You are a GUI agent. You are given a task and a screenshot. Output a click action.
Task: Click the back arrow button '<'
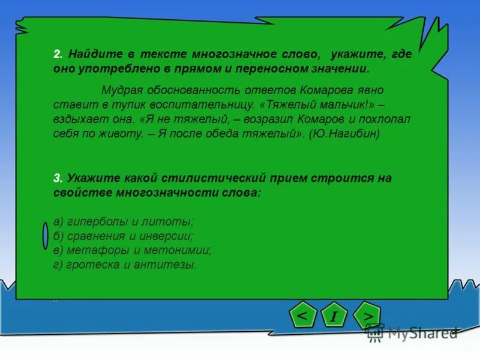[x=304, y=315]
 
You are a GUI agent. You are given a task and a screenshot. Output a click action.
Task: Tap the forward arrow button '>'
[x=368, y=315]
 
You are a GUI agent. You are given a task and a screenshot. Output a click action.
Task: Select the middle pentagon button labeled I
[x=334, y=316]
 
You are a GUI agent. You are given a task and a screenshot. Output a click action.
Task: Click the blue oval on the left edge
[x=46, y=235]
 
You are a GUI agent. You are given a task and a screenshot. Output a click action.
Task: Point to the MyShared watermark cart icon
[x=375, y=332]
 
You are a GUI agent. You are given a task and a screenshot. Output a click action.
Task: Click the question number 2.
[x=57, y=54]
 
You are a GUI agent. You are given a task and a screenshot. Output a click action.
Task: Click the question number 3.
[x=57, y=178]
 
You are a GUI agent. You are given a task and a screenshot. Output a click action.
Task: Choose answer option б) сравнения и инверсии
[x=123, y=236]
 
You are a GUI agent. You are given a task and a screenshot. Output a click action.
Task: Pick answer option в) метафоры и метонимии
[x=132, y=250]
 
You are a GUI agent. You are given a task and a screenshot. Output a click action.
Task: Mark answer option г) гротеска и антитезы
[x=125, y=264]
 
